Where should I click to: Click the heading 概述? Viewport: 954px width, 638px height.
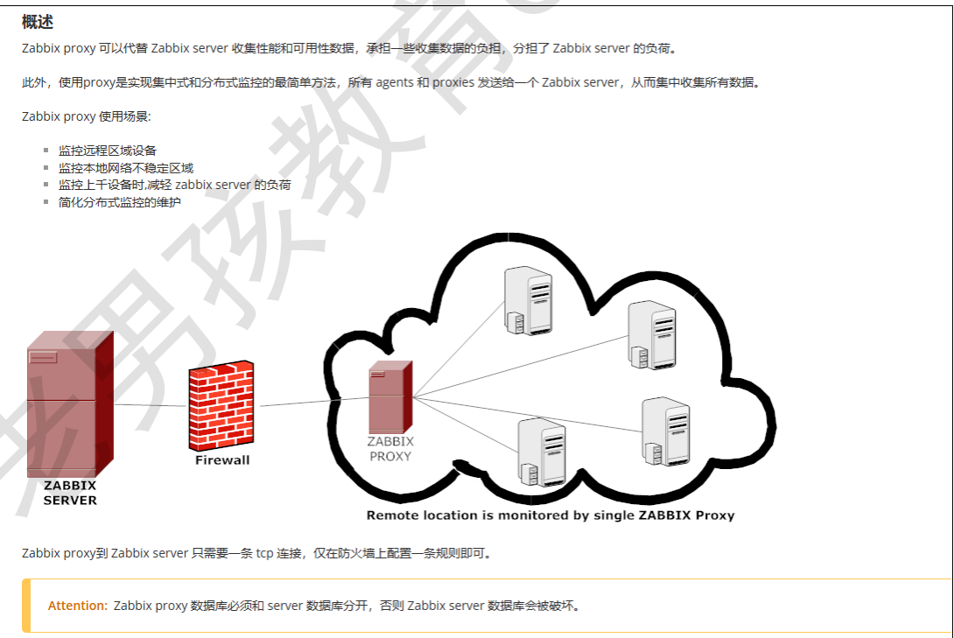coord(38,22)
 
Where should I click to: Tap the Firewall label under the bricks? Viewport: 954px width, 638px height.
coord(222,460)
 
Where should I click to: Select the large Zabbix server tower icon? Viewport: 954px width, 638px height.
coord(70,403)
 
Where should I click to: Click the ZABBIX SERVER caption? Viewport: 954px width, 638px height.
coord(70,493)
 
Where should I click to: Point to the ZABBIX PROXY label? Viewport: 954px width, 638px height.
coord(390,449)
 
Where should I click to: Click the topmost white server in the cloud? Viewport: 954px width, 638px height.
coord(529,300)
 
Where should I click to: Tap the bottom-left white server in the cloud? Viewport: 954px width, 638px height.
coord(542,452)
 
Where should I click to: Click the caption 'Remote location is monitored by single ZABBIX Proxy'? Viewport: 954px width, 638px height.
coord(550,515)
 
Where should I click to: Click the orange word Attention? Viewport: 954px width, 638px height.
coord(78,606)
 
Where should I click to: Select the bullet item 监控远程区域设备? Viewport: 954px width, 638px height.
coord(108,151)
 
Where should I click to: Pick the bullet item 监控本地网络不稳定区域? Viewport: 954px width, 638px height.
coord(126,168)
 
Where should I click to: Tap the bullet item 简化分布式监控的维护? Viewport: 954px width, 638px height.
coord(120,202)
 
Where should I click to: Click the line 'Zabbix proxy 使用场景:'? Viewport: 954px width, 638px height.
coord(87,116)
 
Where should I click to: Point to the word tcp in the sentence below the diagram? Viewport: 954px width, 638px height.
coord(264,553)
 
